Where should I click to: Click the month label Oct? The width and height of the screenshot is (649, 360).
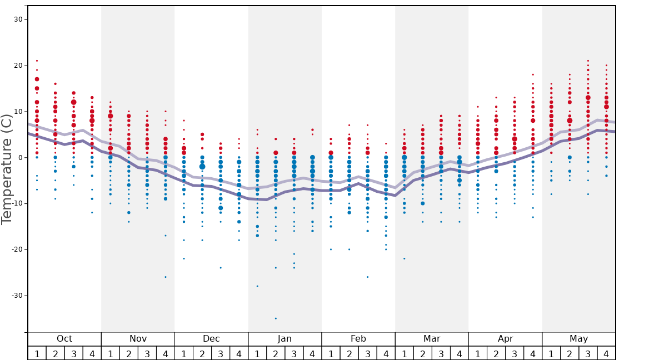pyautogui.click(x=64, y=339)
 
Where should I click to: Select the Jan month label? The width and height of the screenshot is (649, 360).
pyautogui.click(x=284, y=339)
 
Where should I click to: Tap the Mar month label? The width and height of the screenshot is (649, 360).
pyautogui.click(x=432, y=339)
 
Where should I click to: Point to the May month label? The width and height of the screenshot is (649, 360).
pyautogui.click(x=578, y=339)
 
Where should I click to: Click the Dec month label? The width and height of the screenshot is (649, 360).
pyautogui.click(x=211, y=339)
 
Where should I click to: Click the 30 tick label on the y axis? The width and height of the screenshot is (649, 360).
pyautogui.click(x=18, y=19)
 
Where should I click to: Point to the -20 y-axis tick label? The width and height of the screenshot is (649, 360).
pyautogui.click(x=16, y=249)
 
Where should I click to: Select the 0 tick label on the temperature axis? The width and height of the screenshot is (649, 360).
pyautogui.click(x=20, y=158)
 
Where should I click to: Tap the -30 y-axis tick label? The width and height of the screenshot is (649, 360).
pyautogui.click(x=16, y=296)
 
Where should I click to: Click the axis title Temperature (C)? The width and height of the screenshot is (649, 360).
pyautogui.click(x=7, y=169)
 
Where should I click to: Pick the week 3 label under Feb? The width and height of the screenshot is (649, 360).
pyautogui.click(x=367, y=353)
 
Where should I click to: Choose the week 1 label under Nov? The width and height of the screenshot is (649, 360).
pyautogui.click(x=110, y=353)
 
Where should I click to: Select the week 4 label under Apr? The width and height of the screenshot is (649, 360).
pyautogui.click(x=532, y=353)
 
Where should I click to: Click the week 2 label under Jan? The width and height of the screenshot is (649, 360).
pyautogui.click(x=276, y=353)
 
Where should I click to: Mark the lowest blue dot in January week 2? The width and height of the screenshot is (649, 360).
pyautogui.click(x=276, y=318)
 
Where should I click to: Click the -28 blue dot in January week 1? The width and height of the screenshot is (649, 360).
pyautogui.click(x=257, y=286)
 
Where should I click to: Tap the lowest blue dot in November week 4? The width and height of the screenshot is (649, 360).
pyautogui.click(x=165, y=277)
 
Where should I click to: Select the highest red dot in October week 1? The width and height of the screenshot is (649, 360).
pyautogui.click(x=37, y=61)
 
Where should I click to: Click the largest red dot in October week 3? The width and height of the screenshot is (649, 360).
pyautogui.click(x=73, y=102)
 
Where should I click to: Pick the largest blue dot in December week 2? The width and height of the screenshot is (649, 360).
pyautogui.click(x=202, y=167)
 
